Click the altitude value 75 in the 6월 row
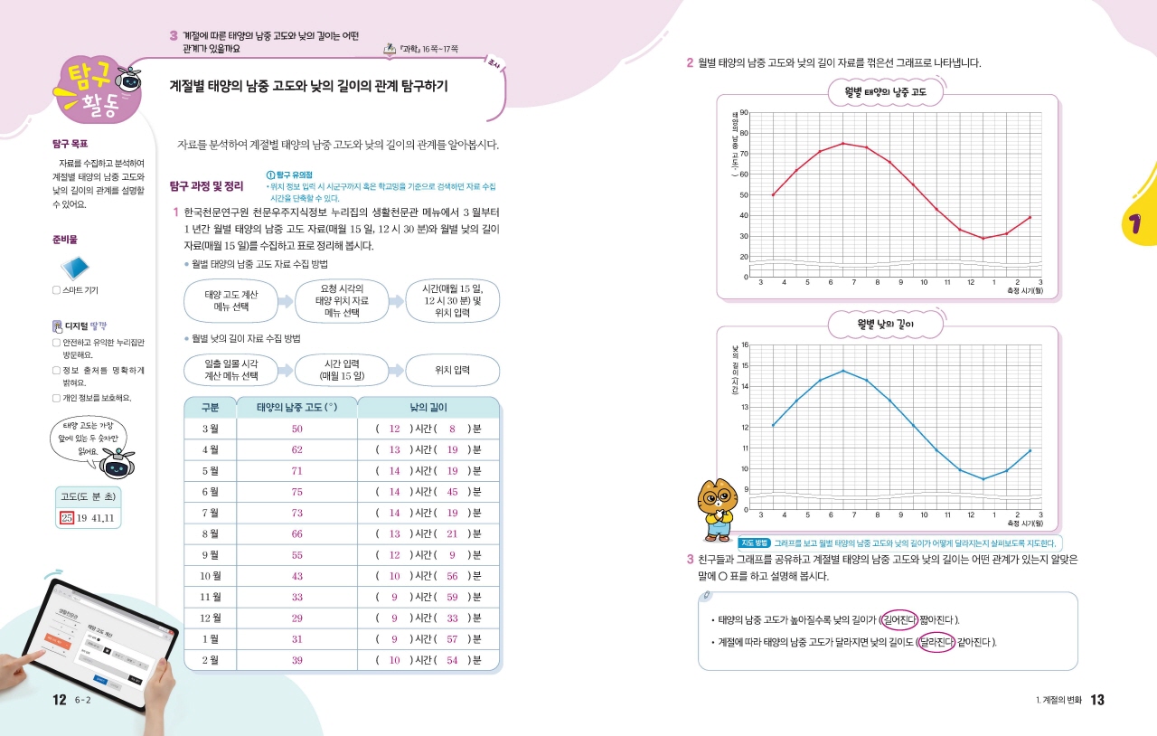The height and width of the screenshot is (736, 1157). (296, 492)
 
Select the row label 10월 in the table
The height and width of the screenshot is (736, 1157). (210, 576)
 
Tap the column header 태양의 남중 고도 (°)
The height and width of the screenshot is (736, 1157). (296, 408)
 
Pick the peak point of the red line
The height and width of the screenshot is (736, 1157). (842, 143)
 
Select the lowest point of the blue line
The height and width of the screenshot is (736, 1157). (983, 479)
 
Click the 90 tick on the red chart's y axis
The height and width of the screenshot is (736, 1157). (743, 112)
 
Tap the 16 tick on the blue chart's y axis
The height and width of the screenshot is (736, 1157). (744, 344)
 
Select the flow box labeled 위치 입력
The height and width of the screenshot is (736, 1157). (452, 371)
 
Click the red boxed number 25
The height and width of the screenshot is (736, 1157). (66, 518)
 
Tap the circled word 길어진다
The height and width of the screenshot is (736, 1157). (898, 619)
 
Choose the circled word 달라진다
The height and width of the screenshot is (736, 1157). (935, 643)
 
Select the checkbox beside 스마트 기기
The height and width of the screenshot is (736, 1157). (56, 290)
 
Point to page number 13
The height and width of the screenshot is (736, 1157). (1097, 700)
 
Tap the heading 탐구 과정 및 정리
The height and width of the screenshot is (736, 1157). (206, 186)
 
